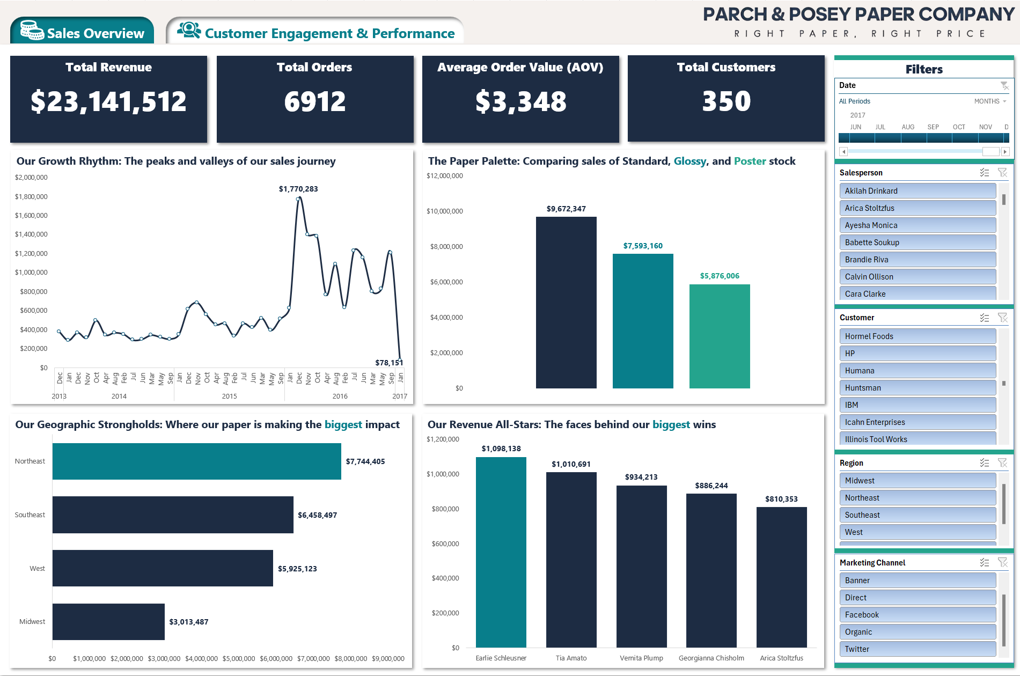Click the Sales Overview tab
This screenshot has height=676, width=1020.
click(82, 32)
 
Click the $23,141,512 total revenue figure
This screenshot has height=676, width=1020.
click(108, 101)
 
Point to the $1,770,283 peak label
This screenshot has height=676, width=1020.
click(298, 189)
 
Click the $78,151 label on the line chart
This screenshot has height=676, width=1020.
click(388, 363)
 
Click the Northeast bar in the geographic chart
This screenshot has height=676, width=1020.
click(196, 461)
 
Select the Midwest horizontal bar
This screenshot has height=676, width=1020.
click(108, 622)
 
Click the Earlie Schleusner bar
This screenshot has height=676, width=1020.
click(501, 553)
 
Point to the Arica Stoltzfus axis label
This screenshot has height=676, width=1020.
click(781, 658)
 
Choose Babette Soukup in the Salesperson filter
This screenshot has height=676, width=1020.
click(917, 243)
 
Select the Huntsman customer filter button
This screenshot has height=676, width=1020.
click(917, 388)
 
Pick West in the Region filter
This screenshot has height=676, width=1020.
click(917, 532)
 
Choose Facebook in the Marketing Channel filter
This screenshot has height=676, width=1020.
click(917, 615)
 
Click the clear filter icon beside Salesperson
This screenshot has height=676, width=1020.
click(1002, 173)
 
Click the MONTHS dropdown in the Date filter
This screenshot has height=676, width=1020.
click(990, 101)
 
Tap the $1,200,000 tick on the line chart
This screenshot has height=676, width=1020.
click(31, 253)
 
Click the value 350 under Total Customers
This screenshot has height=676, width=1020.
click(726, 101)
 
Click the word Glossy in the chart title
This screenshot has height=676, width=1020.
click(689, 161)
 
